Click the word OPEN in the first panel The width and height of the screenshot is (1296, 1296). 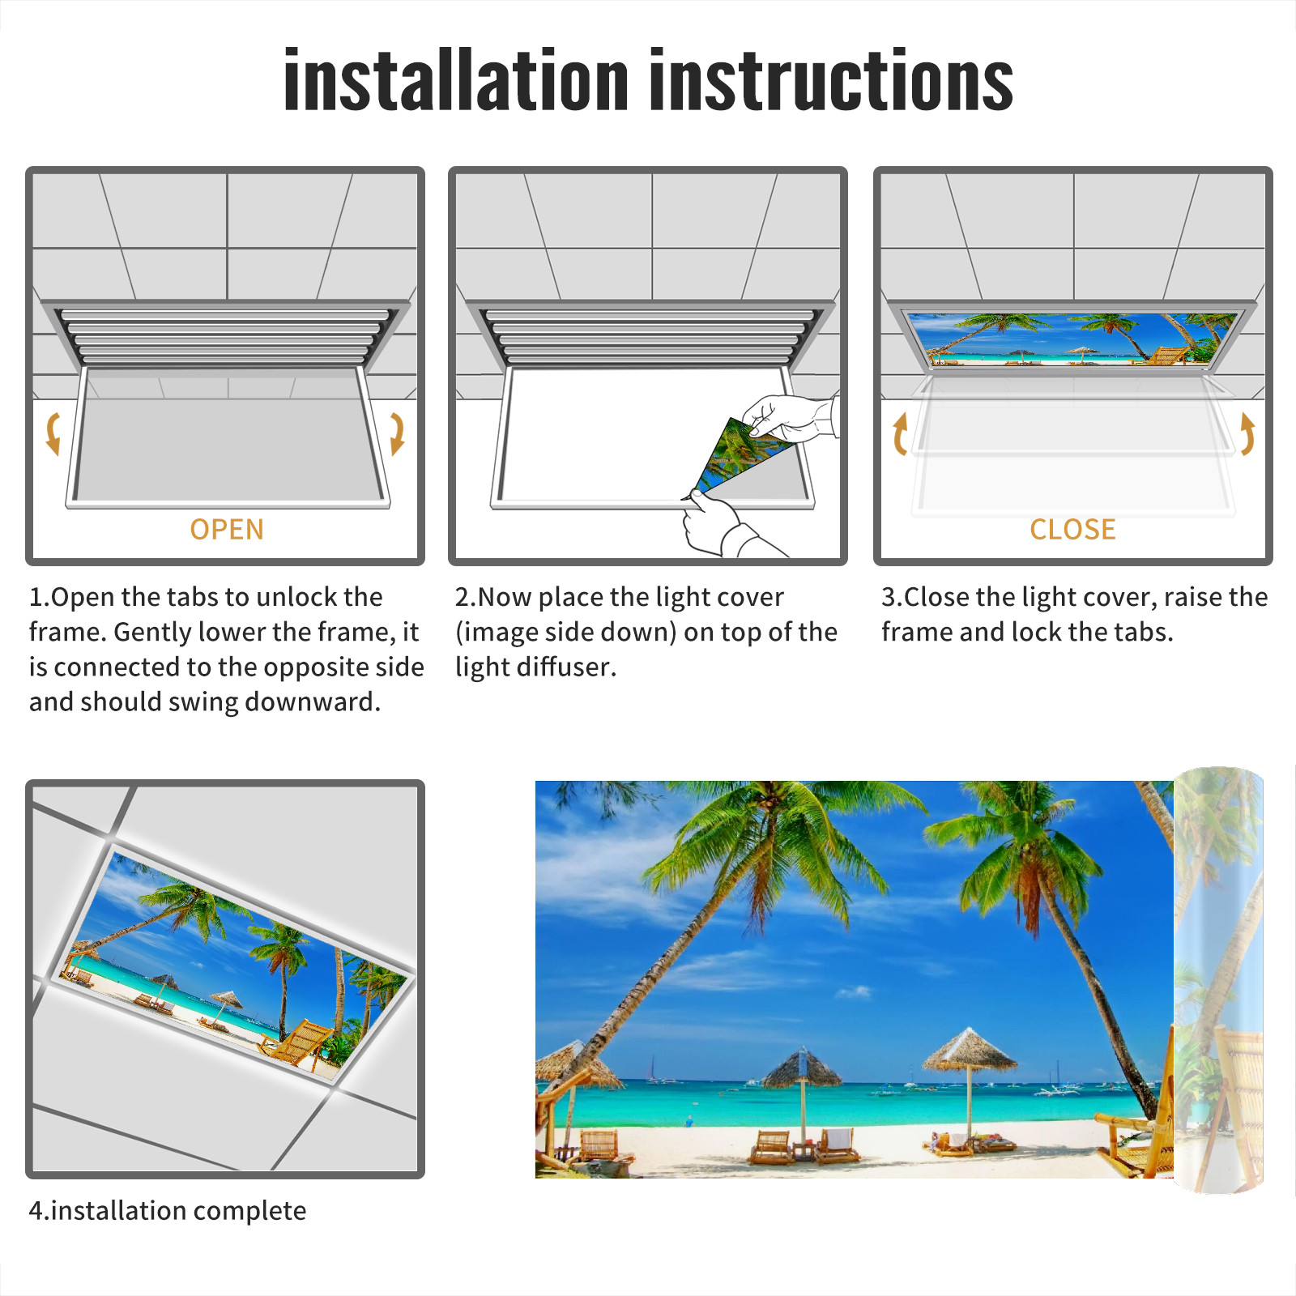point(227,530)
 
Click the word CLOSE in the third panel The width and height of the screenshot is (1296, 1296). point(1072,530)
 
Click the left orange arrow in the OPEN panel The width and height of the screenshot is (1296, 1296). point(53,433)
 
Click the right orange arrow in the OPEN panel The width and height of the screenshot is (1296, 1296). point(397,433)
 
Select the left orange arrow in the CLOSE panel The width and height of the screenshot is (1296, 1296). point(900,433)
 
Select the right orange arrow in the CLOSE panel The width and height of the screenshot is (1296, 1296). point(1247,433)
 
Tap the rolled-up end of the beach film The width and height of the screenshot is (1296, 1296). point(1219,980)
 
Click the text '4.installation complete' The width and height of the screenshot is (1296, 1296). point(168,1211)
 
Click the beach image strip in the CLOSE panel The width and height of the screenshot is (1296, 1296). point(1073,339)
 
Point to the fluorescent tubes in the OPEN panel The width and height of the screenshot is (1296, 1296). point(225,335)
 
